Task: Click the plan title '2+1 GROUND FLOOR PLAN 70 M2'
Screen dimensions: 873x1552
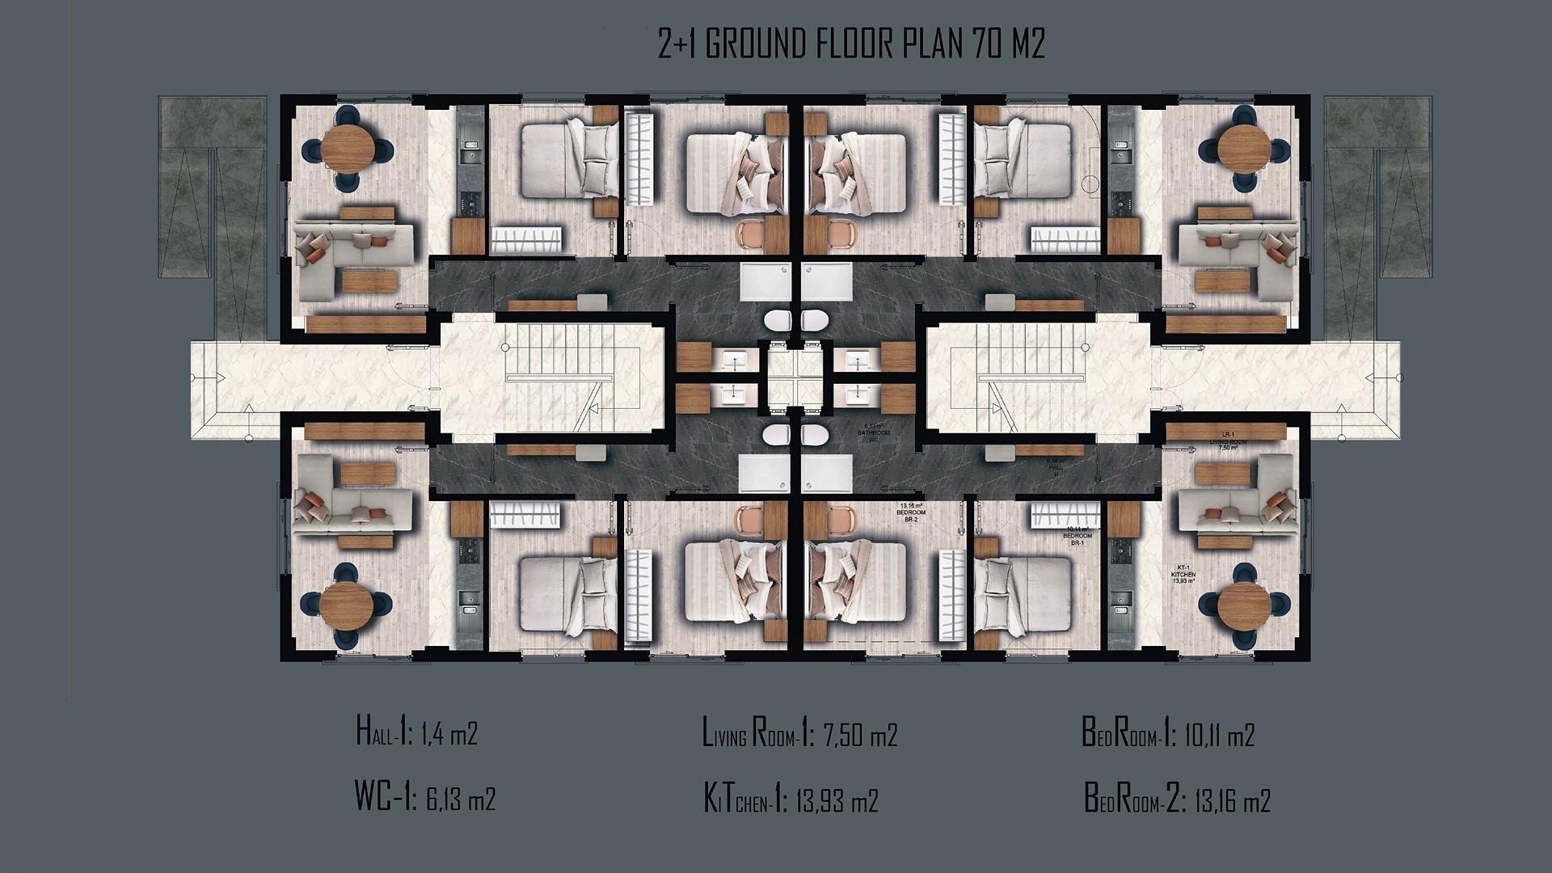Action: (851, 45)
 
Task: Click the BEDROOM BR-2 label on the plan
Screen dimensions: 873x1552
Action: (911, 513)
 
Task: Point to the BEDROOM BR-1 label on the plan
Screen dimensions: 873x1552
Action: (1077, 537)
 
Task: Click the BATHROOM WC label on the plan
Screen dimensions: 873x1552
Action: (873, 432)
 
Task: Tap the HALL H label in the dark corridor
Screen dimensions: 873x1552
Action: (1055, 468)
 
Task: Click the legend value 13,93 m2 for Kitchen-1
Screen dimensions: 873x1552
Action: (837, 801)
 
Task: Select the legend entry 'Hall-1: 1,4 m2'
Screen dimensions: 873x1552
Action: (416, 734)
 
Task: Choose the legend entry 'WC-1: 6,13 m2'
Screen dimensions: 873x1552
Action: (424, 799)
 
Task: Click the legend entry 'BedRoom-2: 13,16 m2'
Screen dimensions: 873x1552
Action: (1177, 801)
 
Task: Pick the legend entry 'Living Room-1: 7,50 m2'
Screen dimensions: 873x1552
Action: (799, 735)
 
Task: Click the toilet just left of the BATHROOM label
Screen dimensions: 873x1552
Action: (814, 436)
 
